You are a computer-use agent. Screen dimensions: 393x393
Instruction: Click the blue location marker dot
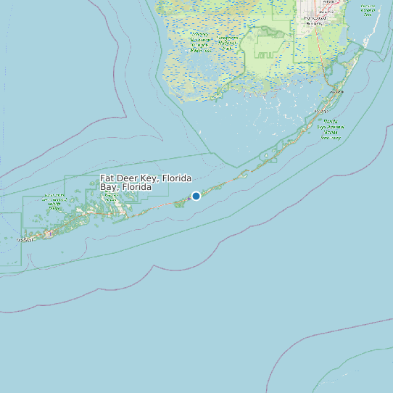point(196,196)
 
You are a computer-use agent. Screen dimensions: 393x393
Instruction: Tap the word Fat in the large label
point(107,178)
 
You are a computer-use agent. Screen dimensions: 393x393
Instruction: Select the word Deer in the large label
point(128,178)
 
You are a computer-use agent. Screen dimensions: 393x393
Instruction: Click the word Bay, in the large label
point(109,187)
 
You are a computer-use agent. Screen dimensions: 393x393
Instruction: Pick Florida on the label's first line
point(177,178)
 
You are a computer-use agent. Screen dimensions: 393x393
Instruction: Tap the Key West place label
point(25,239)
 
